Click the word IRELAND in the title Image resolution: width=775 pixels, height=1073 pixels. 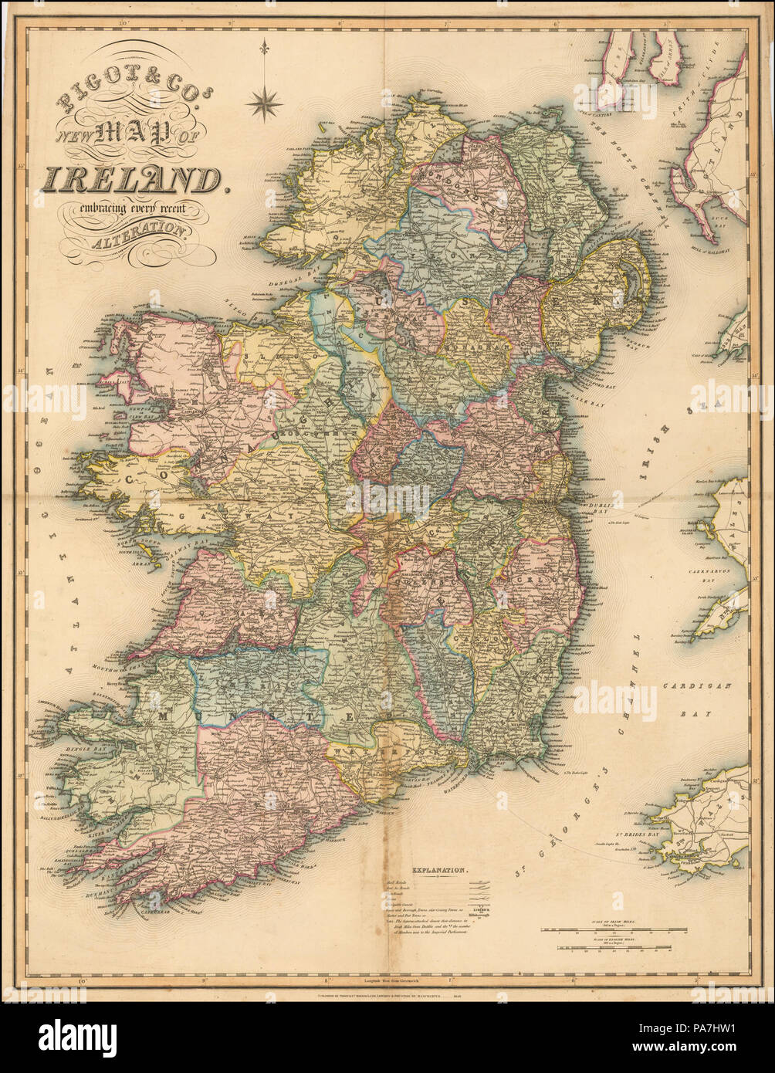point(131,179)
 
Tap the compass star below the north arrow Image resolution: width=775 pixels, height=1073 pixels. point(264,103)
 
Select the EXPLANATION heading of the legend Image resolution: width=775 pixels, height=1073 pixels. point(439,870)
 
